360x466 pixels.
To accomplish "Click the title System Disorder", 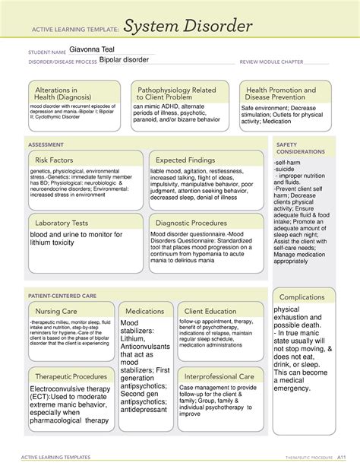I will coord(188,28).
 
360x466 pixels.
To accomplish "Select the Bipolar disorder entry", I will coord(127,62).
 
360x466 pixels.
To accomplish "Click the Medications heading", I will coord(144,312).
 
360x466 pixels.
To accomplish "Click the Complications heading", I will coord(302,296).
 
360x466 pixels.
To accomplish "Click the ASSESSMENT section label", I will coord(46,143).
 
